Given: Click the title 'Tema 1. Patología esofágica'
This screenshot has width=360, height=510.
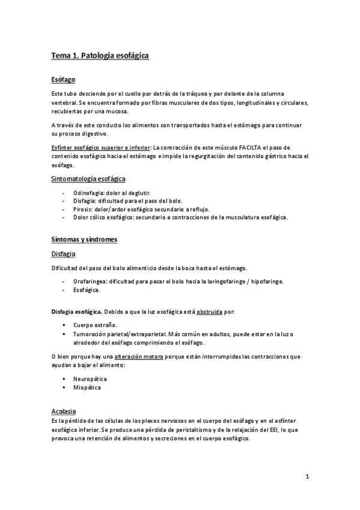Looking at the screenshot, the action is pyautogui.click(x=99, y=56).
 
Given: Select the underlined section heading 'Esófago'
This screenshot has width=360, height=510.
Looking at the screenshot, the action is pyautogui.click(x=63, y=80).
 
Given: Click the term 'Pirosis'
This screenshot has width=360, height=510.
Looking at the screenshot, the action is pyautogui.click(x=83, y=209).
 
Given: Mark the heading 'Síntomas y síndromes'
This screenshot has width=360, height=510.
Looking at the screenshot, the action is pyautogui.click(x=84, y=239).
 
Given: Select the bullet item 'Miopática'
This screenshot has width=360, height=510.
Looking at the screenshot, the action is pyautogui.click(x=88, y=388).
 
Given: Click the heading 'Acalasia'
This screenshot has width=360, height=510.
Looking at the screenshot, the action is pyautogui.click(x=64, y=411).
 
